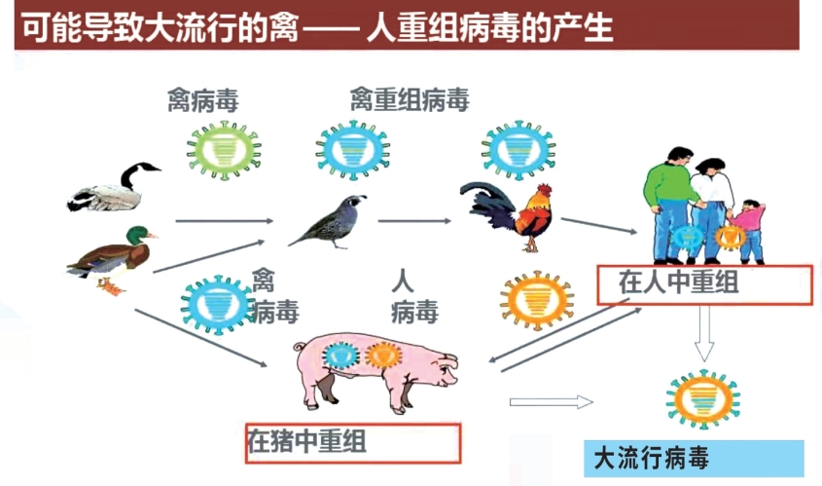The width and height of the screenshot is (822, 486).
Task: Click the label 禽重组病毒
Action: (x=410, y=100)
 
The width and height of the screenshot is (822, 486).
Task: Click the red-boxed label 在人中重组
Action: (x=702, y=284)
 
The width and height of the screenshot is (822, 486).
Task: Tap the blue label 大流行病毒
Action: (x=652, y=458)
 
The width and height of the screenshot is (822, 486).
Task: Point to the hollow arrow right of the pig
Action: (x=551, y=401)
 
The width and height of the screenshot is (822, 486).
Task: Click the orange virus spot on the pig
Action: (x=383, y=355)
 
